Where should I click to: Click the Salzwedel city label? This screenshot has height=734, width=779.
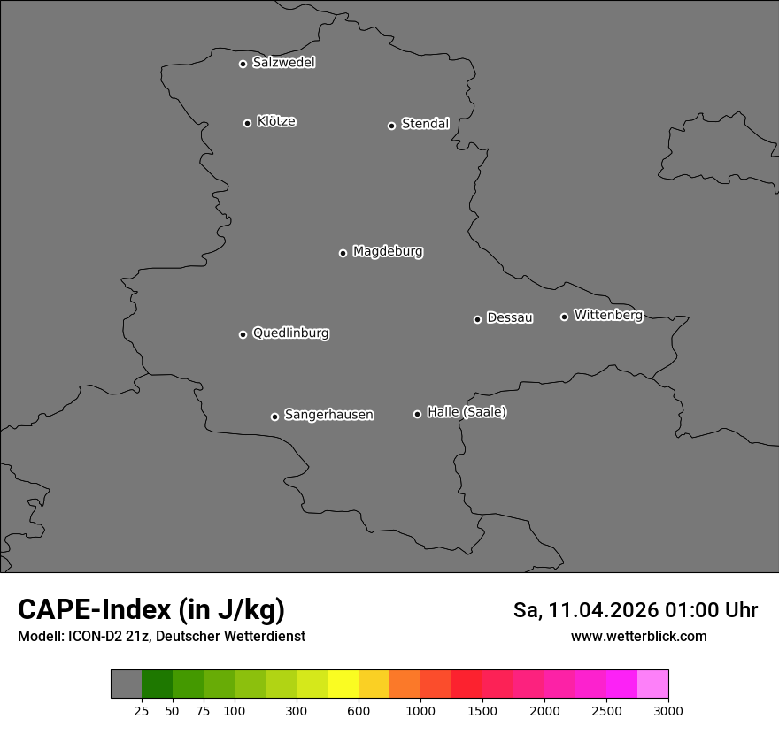coord(283,63)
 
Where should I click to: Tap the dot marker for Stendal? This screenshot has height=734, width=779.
coord(391,126)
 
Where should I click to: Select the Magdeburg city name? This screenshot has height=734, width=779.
coord(388,252)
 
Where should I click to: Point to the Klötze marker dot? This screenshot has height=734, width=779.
coord(247,123)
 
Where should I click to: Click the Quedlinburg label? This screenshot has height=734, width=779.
coord(290,333)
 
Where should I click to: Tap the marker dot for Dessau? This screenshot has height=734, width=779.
coord(477,319)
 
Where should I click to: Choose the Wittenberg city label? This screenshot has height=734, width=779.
coord(608,315)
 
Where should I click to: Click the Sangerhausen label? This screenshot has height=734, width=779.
coord(328,415)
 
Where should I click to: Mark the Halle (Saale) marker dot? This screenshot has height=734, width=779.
coord(417,414)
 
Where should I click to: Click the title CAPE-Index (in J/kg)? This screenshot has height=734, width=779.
coord(151,609)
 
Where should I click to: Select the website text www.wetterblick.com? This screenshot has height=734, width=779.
coord(638,637)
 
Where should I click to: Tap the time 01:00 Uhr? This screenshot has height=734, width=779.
coord(712,610)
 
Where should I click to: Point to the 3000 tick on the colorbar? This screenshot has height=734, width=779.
coord(667,711)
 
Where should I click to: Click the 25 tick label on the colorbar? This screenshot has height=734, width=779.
coord(141,711)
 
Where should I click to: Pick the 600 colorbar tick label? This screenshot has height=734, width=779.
coord(359,711)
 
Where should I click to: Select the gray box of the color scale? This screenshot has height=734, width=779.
coord(126,684)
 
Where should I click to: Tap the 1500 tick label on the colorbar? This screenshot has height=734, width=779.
coord(482,711)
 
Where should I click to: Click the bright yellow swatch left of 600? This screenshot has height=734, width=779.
coord(343,684)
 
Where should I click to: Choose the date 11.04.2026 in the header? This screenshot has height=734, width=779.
coord(604,610)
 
